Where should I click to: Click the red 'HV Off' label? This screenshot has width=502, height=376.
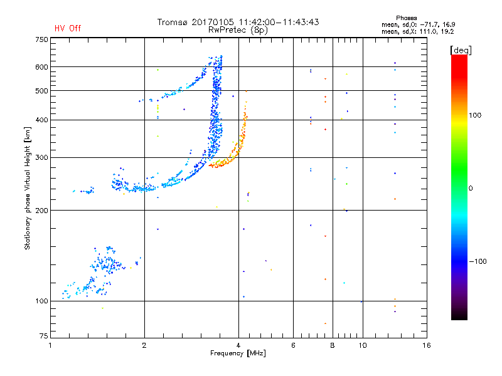pyautogui.click(x=67, y=28)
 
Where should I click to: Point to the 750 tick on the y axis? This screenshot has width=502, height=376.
pyautogui.click(x=41, y=39)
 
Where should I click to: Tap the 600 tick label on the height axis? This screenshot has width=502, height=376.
pyautogui.click(x=41, y=67)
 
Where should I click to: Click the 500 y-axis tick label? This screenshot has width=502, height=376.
pyautogui.click(x=41, y=91)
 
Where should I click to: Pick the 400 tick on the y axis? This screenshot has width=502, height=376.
pyautogui.click(x=41, y=120)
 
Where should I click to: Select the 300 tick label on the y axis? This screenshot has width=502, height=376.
pyautogui.click(x=41, y=157)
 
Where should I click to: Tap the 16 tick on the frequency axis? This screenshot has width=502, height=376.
pyautogui.click(x=426, y=345)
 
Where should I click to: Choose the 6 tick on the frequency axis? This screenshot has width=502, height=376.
pyautogui.click(x=294, y=345)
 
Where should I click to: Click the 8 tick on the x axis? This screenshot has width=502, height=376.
pyautogui.click(x=333, y=345)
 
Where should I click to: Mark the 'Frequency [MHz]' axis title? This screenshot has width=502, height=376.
pyautogui.click(x=238, y=354)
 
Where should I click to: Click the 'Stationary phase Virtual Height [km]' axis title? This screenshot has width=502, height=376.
pyautogui.click(x=28, y=188)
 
